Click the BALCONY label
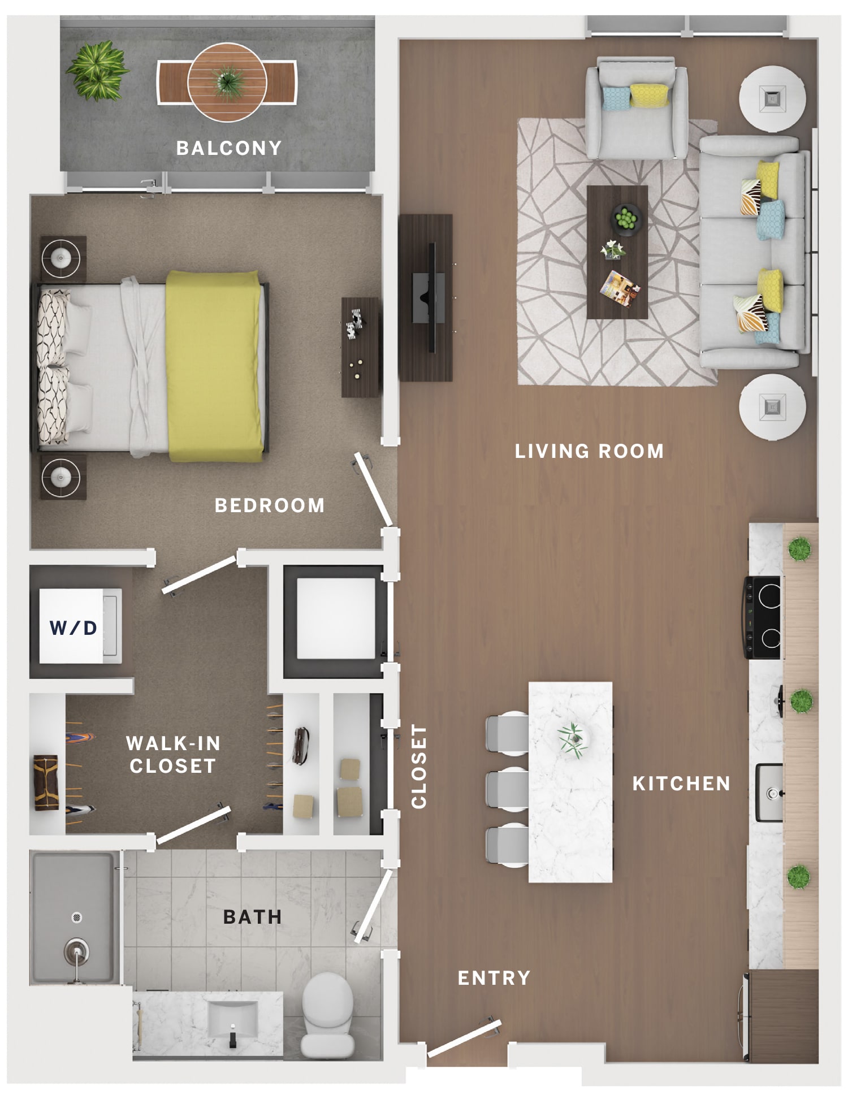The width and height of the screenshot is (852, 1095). pyautogui.click(x=229, y=148)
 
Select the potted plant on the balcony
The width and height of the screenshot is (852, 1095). pyautogui.click(x=97, y=70)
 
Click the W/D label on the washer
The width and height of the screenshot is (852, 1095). pyautogui.click(x=73, y=627)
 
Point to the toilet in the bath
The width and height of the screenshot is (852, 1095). pyautogui.click(x=327, y=1015)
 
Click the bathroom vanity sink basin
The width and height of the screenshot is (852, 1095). pyautogui.click(x=233, y=1018)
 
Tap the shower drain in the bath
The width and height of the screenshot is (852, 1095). pyautogui.click(x=77, y=917)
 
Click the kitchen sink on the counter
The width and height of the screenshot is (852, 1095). pyautogui.click(x=770, y=793)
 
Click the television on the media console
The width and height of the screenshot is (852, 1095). pyautogui.click(x=431, y=297)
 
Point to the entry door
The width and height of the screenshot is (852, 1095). pyautogui.click(x=464, y=1038)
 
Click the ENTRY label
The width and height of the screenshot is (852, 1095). pyautogui.click(x=494, y=978)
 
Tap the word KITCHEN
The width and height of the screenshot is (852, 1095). pyautogui.click(x=681, y=784)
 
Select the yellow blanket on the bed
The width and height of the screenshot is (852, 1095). pyautogui.click(x=214, y=365)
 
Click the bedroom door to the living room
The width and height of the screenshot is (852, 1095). pyautogui.click(x=373, y=490)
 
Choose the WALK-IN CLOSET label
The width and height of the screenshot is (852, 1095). pyautogui.click(x=173, y=754)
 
